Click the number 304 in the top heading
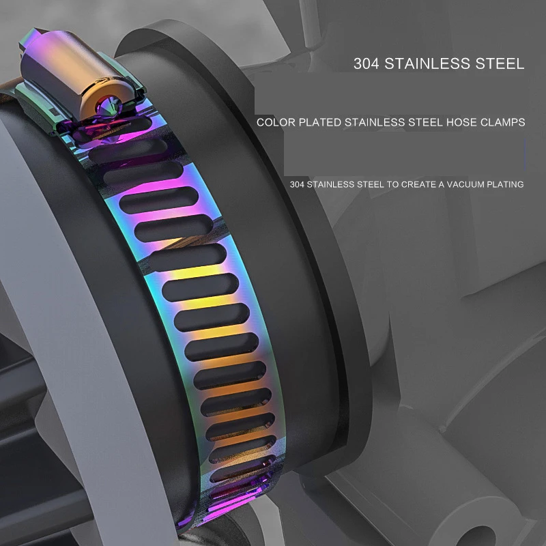coord(366,63)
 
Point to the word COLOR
coord(276,122)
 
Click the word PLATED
coord(320,122)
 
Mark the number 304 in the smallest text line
coord(297,184)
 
